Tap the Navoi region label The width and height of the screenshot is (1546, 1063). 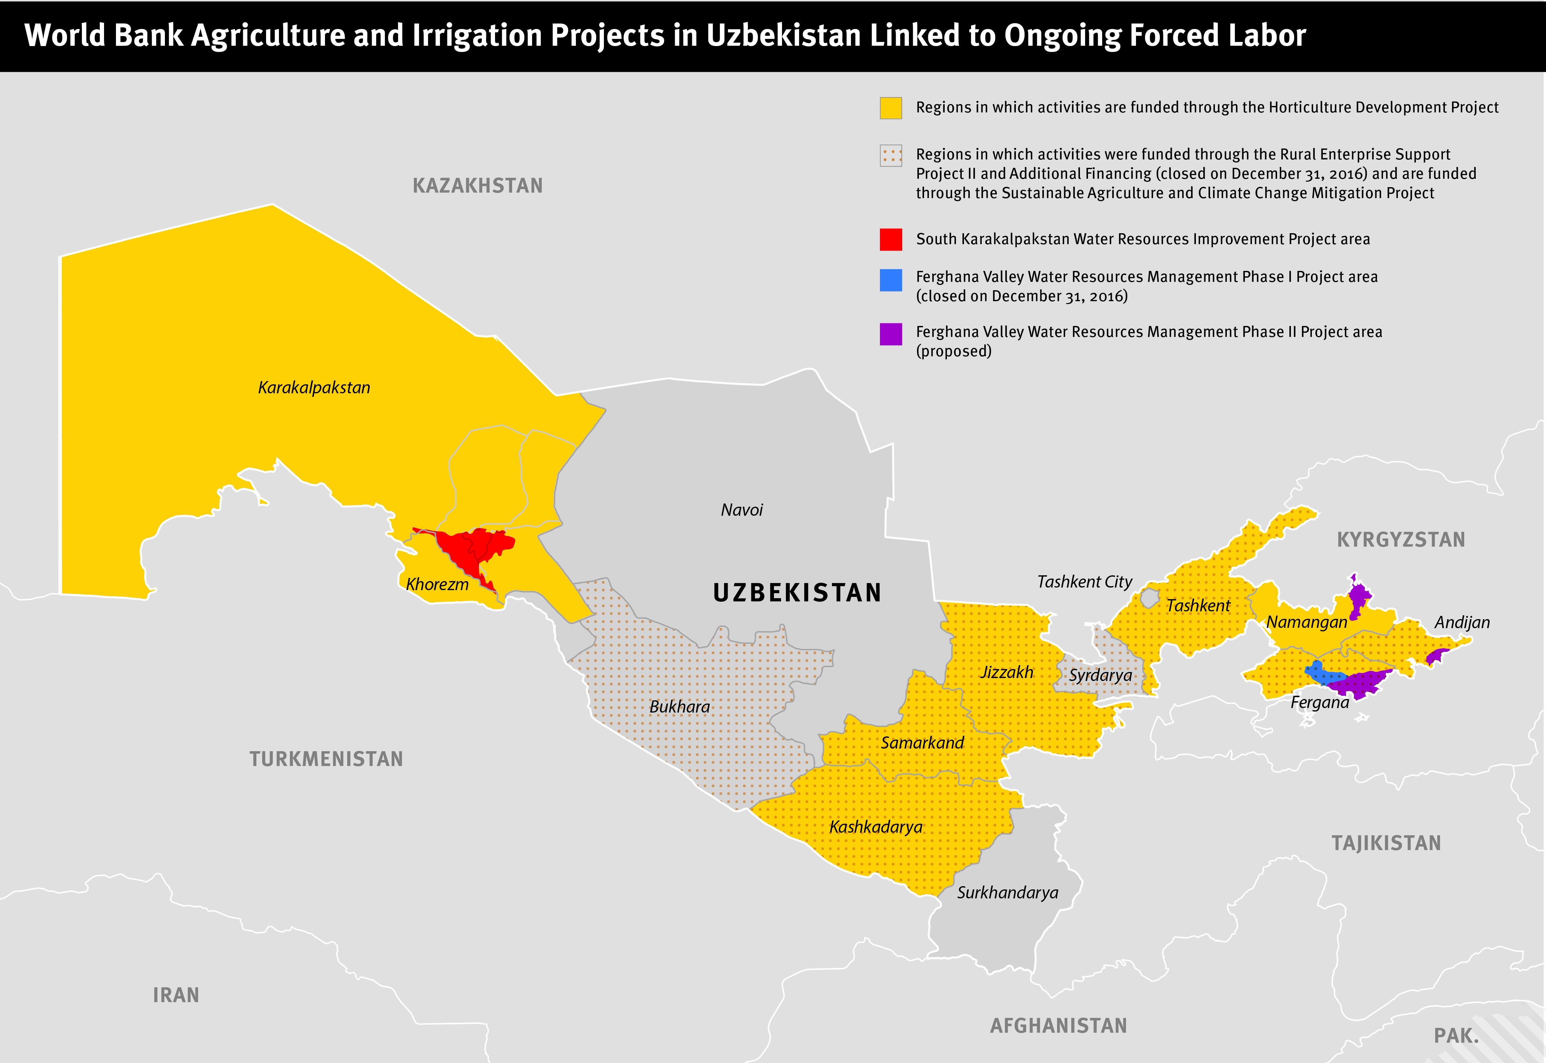742,510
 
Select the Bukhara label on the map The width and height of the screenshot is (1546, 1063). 679,707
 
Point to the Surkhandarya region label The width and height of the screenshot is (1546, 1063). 1007,893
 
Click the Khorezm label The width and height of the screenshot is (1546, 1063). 437,585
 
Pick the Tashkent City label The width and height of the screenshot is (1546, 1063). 1084,582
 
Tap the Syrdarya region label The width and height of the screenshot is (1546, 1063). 1101,675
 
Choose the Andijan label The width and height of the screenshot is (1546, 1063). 1462,623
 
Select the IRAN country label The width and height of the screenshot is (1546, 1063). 176,995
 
